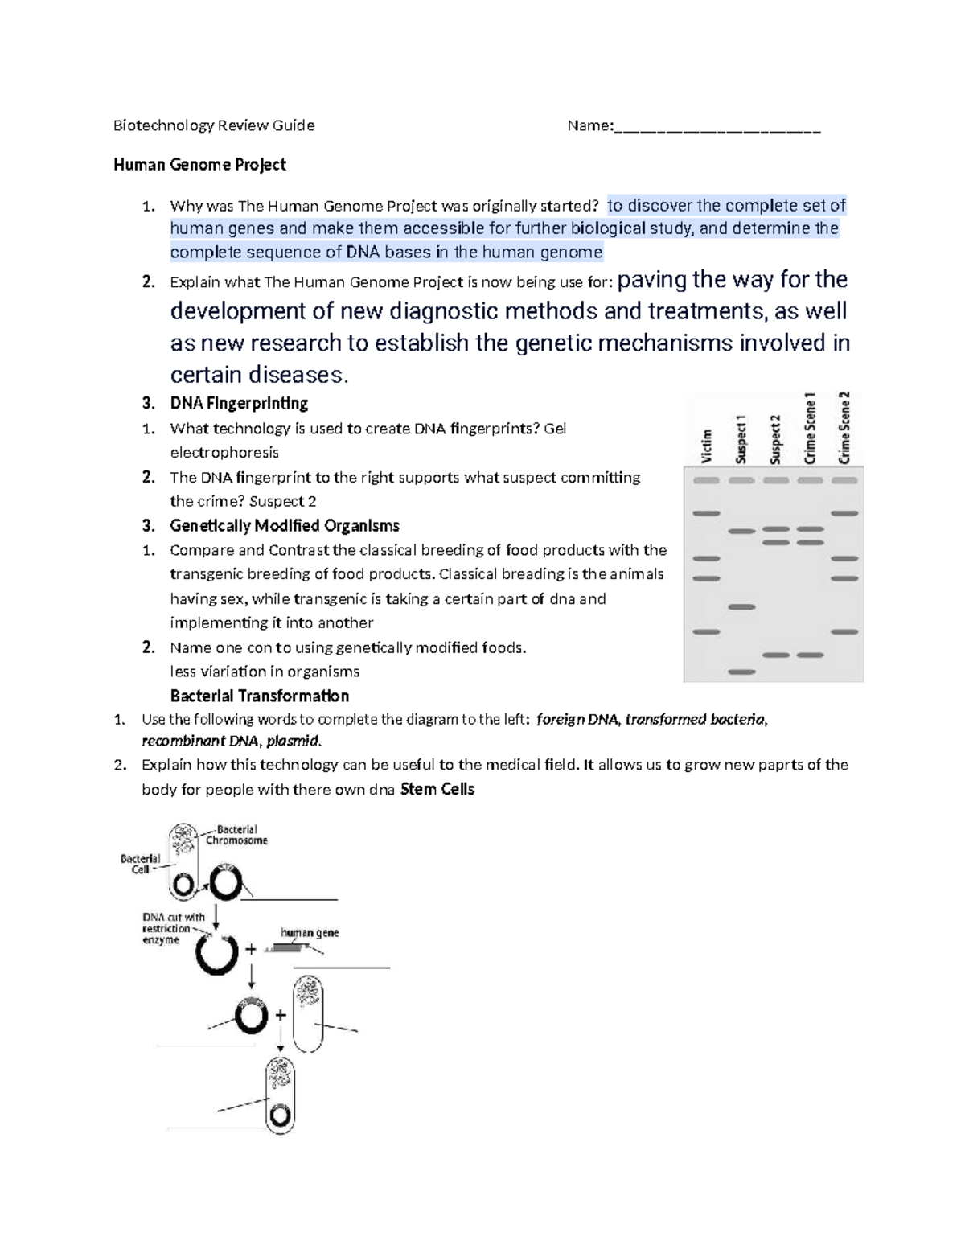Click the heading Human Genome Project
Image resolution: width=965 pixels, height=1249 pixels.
199,165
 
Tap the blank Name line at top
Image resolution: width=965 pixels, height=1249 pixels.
717,127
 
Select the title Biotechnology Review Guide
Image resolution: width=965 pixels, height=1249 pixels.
214,125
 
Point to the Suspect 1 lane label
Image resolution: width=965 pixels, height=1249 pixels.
741,439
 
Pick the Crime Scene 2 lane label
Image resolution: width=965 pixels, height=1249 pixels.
844,427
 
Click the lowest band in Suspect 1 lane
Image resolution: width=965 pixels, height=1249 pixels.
741,672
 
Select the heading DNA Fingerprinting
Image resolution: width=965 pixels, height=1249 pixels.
239,403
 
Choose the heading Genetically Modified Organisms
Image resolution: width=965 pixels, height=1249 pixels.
285,526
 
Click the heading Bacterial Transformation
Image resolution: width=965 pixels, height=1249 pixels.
259,696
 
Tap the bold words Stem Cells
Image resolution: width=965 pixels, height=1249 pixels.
437,789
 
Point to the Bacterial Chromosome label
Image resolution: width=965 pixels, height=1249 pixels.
236,835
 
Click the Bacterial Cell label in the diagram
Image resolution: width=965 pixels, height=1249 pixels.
140,864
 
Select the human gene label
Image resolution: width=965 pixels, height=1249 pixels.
309,933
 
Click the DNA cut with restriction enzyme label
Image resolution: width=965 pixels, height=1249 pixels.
172,928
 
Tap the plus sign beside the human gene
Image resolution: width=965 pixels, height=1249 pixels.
251,950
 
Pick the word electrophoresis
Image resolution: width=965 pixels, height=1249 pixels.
224,453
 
